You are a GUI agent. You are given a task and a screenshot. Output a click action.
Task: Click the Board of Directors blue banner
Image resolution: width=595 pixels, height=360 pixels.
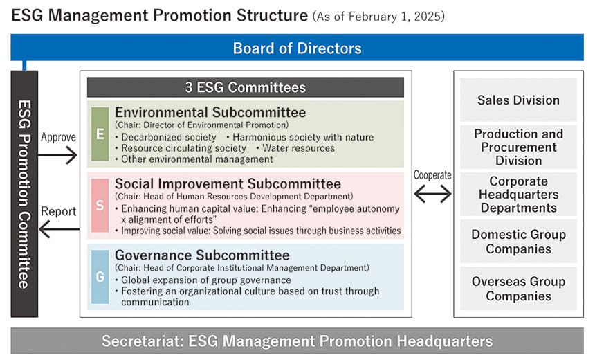point(297,48)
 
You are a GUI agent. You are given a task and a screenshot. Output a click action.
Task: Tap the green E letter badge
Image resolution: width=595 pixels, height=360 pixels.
point(100,134)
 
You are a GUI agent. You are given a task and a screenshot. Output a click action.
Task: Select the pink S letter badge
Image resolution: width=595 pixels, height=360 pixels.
point(100,205)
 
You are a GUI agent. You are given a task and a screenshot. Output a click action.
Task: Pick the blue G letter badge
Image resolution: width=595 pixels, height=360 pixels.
point(100,276)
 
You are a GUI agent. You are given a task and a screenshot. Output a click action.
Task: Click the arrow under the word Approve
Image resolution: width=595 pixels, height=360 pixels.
point(57,155)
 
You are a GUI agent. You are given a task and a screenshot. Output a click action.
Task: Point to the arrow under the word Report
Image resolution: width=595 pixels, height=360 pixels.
point(59,229)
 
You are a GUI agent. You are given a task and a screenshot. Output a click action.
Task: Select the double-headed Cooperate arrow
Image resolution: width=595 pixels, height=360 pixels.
point(432,194)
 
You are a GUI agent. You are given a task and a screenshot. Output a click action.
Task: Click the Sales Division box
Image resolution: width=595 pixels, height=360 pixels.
point(518,100)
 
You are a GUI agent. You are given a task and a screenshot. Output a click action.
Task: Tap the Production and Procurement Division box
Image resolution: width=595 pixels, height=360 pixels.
point(518,147)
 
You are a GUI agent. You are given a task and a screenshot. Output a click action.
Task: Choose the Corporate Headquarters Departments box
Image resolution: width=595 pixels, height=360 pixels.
point(518,194)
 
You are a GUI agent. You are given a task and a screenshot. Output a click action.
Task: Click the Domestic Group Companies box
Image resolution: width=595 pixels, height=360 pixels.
point(518,241)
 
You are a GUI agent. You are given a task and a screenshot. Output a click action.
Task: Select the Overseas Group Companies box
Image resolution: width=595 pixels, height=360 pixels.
point(518,288)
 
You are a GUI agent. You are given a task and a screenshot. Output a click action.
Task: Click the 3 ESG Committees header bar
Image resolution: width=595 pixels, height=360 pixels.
point(246,87)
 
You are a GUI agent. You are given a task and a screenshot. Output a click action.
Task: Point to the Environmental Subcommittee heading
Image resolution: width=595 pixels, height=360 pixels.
point(210,112)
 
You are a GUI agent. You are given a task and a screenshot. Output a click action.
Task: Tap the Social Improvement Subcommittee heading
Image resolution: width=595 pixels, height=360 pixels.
point(228,183)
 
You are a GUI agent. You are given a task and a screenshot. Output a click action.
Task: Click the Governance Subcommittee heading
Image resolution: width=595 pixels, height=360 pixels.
point(202,255)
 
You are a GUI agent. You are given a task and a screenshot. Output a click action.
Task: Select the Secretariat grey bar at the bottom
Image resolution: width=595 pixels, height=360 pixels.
point(297,341)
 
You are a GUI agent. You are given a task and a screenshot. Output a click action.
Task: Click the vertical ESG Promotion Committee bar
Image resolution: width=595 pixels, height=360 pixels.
point(24,194)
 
